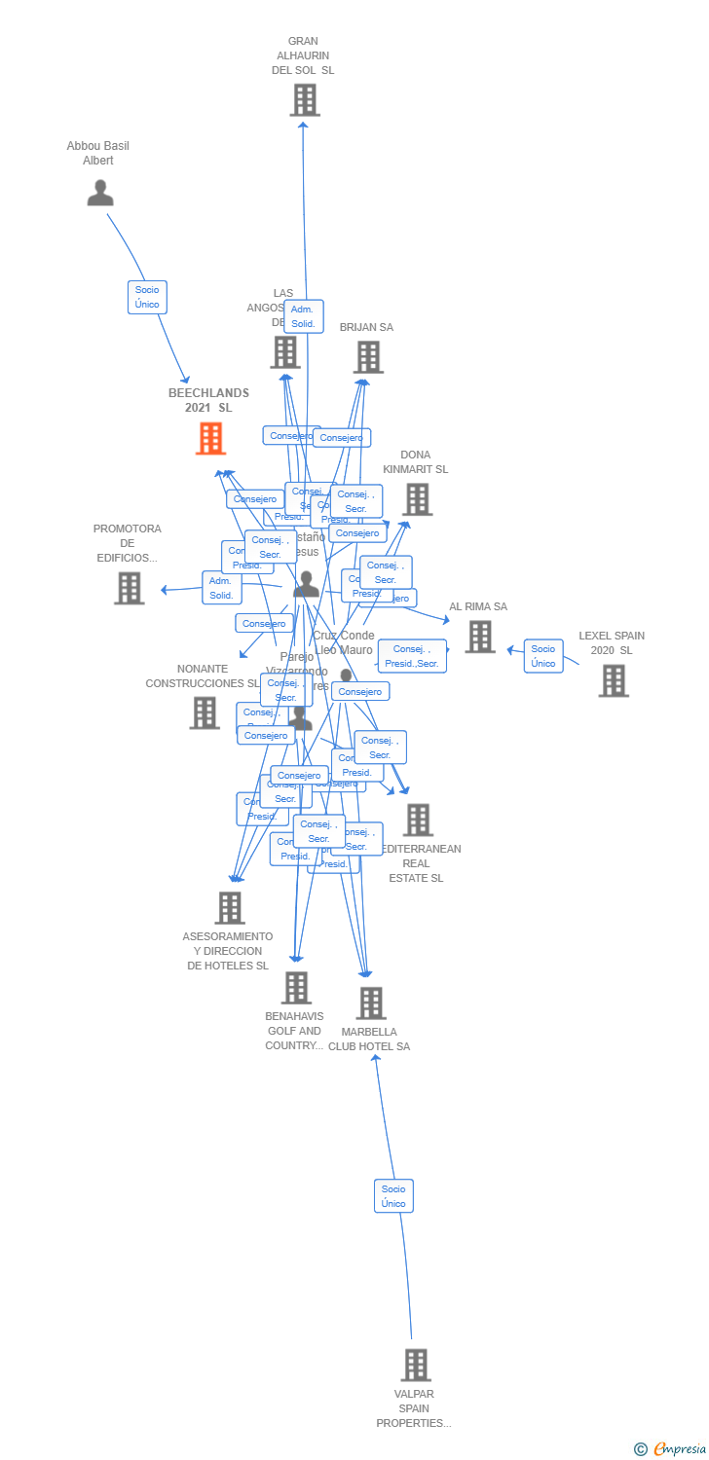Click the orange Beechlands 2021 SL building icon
pyautogui.click(x=210, y=439)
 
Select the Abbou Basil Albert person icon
pyautogui.click(x=100, y=194)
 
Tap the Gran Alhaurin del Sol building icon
pyautogui.click(x=305, y=100)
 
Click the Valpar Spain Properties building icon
pyautogui.click(x=416, y=1365)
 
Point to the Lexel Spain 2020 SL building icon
pyautogui.click(x=614, y=680)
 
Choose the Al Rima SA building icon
pyautogui.click(x=480, y=637)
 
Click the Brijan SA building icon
pyautogui.click(x=368, y=357)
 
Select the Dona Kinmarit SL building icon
pyautogui.click(x=418, y=499)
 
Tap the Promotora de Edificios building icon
pyautogui.click(x=130, y=588)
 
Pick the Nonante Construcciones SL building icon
pyautogui.click(x=205, y=712)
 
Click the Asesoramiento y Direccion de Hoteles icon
pyautogui.click(x=230, y=907)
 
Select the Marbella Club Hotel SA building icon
pyautogui.click(x=371, y=1003)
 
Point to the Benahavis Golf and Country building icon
pyautogui.click(x=297, y=987)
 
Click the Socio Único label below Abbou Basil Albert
pyautogui.click(x=147, y=297)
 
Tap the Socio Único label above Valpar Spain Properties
pyautogui.click(x=393, y=1196)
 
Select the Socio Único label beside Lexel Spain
pyautogui.click(x=543, y=656)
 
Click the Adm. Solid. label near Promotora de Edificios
pyautogui.click(x=221, y=588)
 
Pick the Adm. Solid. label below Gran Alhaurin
pyautogui.click(x=303, y=316)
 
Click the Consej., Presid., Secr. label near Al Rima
pyautogui.click(x=412, y=656)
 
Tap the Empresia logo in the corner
pyautogui.click(x=671, y=1449)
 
